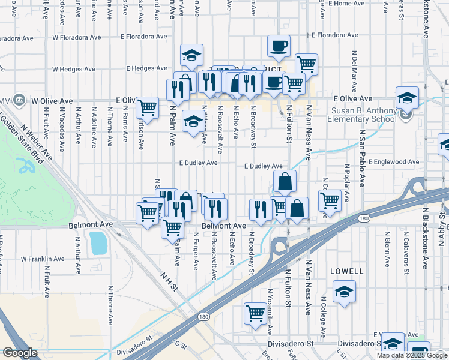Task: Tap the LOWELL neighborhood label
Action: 347,271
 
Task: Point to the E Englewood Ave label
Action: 393,162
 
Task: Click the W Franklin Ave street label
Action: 43,259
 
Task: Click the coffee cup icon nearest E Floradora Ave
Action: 279,46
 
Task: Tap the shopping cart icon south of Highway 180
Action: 255,313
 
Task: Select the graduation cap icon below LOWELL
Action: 343,293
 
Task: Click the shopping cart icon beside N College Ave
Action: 330,201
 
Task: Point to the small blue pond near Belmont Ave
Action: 97,243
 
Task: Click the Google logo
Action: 19,353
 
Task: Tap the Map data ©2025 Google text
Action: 411,355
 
